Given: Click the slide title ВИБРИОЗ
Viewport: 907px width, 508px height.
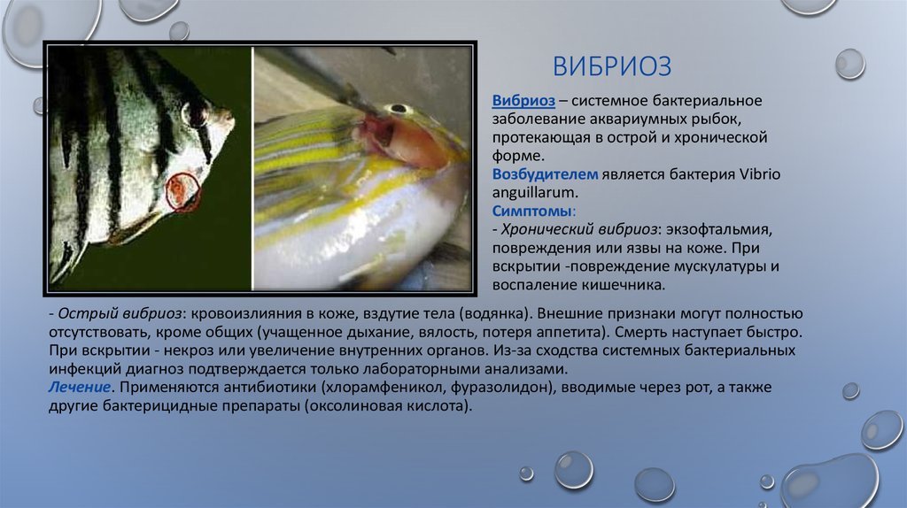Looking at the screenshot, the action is pyautogui.click(x=612, y=65).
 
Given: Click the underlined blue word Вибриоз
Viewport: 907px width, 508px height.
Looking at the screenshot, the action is pyautogui.click(x=523, y=101).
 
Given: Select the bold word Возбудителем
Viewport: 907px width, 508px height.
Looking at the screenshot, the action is pyautogui.click(x=545, y=174).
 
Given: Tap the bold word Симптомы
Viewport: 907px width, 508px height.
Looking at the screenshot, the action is pyautogui.click(x=531, y=211).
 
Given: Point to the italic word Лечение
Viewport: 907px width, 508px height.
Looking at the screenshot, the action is pyautogui.click(x=79, y=387).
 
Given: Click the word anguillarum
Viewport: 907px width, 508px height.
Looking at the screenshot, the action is pyautogui.click(x=535, y=193).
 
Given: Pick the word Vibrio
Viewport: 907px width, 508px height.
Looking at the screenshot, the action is pyautogui.click(x=760, y=174).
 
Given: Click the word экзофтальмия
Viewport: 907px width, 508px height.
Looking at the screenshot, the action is pyautogui.click(x=719, y=229).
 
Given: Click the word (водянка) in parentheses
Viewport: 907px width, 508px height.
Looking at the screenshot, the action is pyautogui.click(x=495, y=313).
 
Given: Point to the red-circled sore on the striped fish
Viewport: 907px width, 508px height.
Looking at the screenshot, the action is pyautogui.click(x=182, y=191).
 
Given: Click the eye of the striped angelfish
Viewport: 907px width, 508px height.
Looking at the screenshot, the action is pyautogui.click(x=196, y=113).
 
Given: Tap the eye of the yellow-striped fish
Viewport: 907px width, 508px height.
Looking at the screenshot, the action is pyautogui.click(x=399, y=108).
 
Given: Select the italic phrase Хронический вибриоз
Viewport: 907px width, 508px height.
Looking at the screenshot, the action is pyautogui.click(x=579, y=229).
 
